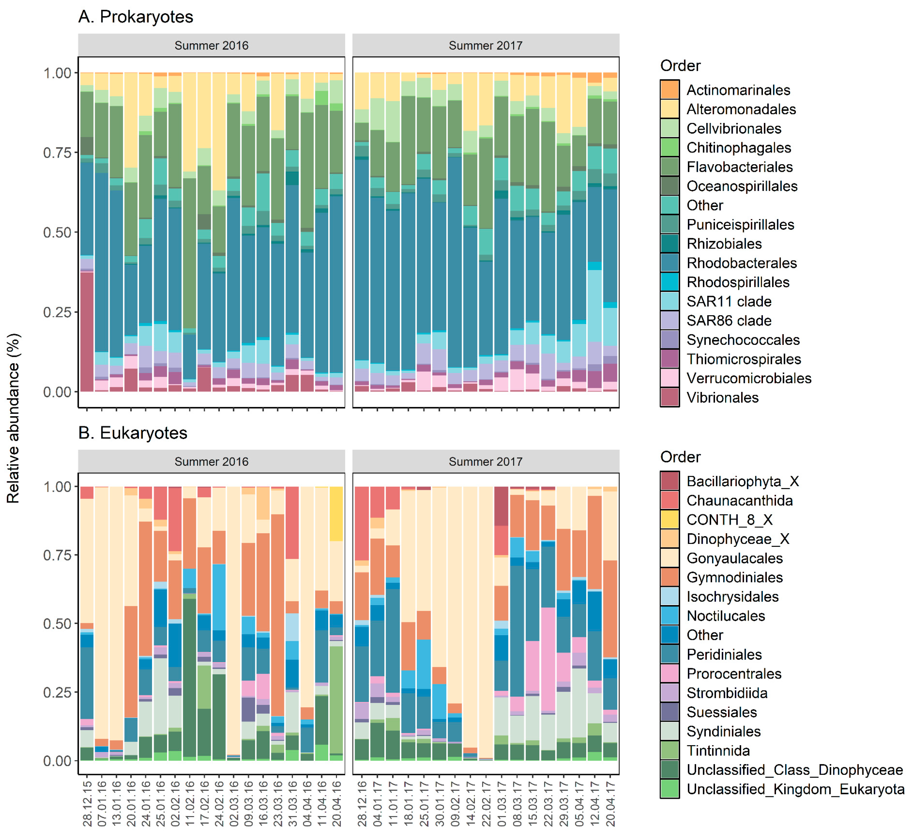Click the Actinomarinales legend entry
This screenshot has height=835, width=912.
tap(738, 90)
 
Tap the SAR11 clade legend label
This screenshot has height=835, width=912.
tap(729, 301)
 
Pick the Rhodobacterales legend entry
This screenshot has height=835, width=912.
tap(741, 263)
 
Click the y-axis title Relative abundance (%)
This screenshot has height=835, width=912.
tap(14, 418)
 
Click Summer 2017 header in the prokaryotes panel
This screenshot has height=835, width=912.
tap(485, 46)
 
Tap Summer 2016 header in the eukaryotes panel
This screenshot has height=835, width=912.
tap(211, 462)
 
